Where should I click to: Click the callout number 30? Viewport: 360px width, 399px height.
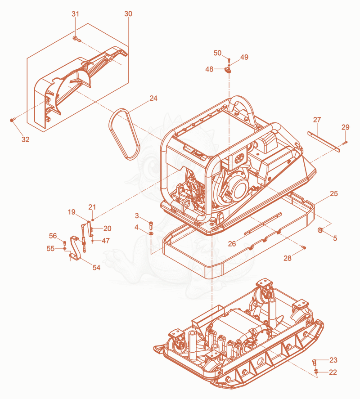click(128, 13)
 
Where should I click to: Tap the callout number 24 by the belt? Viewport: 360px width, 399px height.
click(153, 98)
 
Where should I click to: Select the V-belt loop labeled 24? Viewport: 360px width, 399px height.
click(125, 134)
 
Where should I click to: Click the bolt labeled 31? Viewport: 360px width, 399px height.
click(76, 39)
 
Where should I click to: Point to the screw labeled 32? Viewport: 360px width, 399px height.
click(13, 120)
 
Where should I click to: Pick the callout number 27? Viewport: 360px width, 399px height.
click(317, 119)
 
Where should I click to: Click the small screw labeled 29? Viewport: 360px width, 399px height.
click(345, 143)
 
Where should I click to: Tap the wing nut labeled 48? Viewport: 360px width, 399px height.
click(228, 70)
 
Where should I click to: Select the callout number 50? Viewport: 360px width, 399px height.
click(217, 53)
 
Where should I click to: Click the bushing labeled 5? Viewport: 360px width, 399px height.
click(320, 230)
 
